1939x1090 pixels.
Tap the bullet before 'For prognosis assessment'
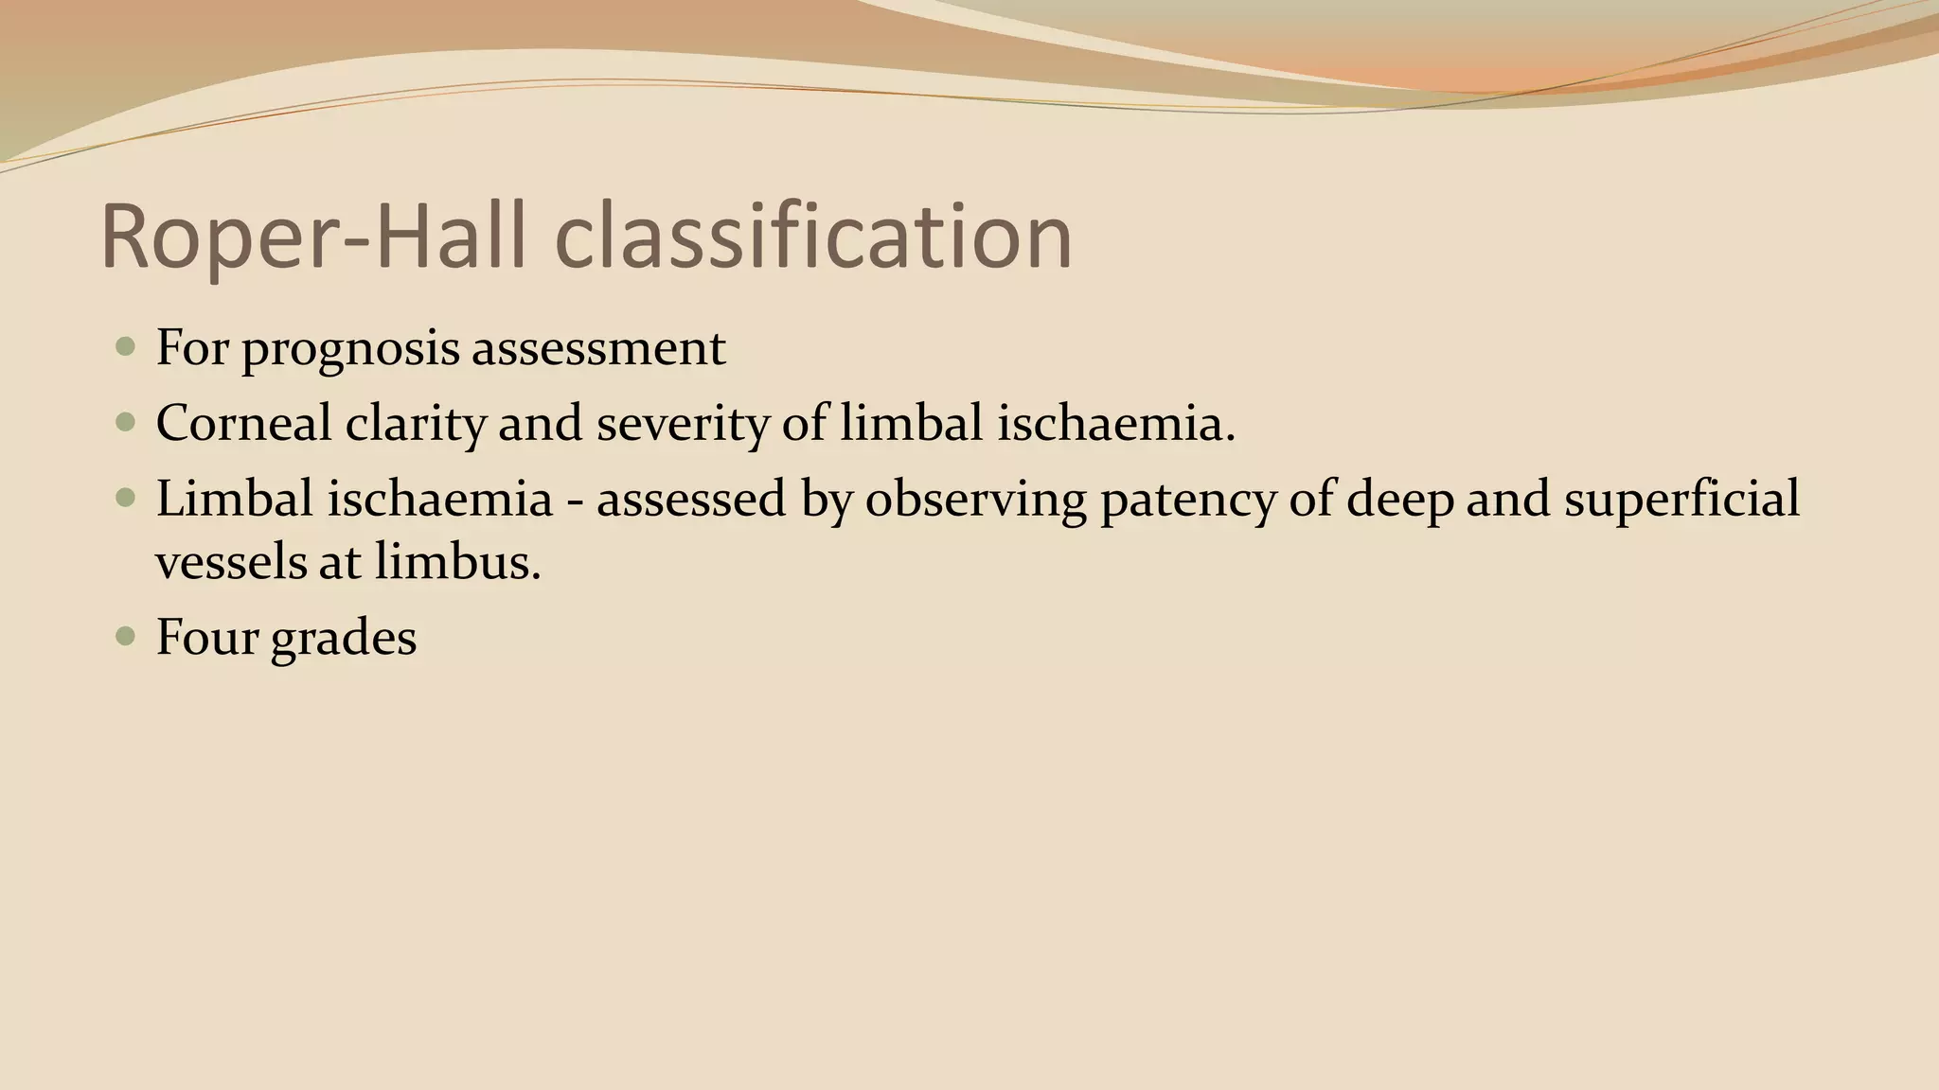125,346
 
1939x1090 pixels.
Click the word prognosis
349,348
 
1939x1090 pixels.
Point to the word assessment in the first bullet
598,348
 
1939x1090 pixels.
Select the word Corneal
243,423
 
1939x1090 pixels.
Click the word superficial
1681,499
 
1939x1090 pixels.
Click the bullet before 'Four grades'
125,636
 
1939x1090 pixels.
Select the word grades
343,638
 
